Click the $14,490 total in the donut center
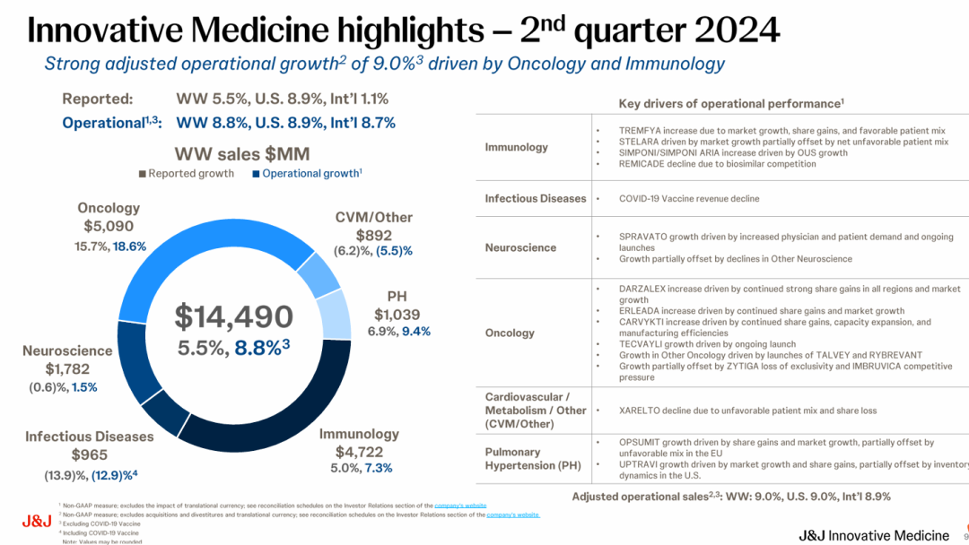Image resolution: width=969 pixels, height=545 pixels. tap(233, 316)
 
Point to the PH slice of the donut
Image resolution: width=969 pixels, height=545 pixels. tap(334, 314)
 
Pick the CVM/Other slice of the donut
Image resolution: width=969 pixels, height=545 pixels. tap(318, 274)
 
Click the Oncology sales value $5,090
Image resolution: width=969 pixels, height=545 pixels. tap(109, 227)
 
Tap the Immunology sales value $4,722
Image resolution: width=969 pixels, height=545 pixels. tap(359, 451)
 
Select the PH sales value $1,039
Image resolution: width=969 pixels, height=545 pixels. tap(397, 314)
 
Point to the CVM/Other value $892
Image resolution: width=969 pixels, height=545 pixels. tap(373, 236)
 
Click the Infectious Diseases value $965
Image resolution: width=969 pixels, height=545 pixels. tap(89, 454)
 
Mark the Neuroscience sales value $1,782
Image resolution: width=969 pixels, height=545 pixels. tap(67, 368)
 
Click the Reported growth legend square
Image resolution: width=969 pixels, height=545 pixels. tap(143, 174)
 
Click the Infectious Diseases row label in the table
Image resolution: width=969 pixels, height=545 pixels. tap(535, 198)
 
